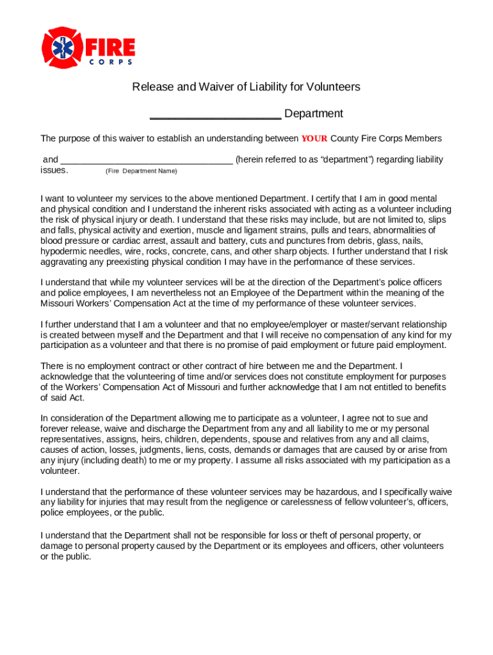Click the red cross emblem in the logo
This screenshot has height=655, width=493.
(x=62, y=48)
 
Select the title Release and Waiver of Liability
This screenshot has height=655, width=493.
(x=246, y=86)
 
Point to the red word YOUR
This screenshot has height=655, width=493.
(x=314, y=139)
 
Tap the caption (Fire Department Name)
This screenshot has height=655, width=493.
(x=141, y=171)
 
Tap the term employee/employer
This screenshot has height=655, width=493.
(x=274, y=324)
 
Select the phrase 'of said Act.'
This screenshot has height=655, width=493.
(x=62, y=397)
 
